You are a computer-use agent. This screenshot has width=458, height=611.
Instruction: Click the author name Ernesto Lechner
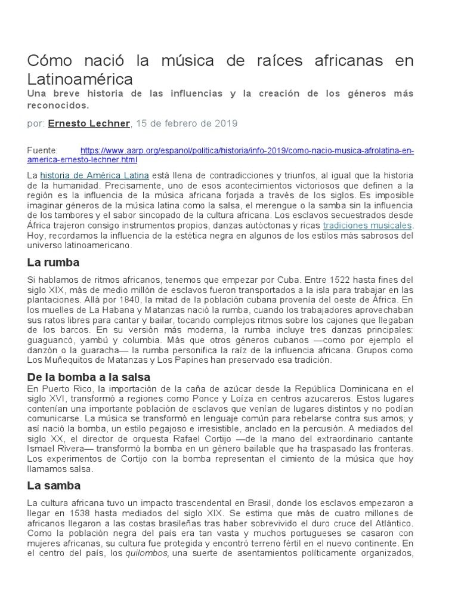tap(88, 124)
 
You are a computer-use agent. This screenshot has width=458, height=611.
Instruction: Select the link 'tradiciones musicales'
tap(367, 226)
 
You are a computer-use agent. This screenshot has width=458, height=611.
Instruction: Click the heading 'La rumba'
tap(53, 263)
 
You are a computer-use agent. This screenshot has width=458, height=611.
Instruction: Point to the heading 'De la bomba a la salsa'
tap(89, 377)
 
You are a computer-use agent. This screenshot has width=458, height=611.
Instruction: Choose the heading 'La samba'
tap(54, 486)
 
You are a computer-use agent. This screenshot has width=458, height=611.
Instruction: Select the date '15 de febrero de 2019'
tap(187, 124)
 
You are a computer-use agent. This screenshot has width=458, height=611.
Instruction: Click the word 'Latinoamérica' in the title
tap(80, 79)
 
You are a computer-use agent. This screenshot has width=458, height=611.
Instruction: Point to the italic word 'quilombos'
tap(150, 554)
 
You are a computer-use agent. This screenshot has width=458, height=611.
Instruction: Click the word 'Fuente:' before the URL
tap(43, 150)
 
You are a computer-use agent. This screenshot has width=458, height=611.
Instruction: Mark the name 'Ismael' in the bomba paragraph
tap(42, 448)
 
